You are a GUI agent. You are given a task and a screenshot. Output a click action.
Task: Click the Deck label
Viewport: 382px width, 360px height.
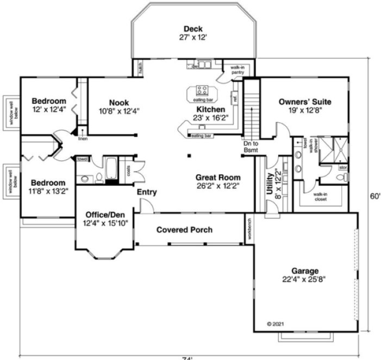[193, 29]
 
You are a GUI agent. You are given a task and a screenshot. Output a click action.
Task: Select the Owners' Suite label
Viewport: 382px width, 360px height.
[304, 102]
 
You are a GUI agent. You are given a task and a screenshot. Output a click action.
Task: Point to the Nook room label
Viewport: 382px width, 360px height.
[118, 102]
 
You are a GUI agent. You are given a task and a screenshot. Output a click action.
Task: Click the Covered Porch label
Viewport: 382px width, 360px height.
[184, 230]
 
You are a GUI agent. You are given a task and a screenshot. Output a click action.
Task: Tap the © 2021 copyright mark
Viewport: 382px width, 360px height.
[276, 324]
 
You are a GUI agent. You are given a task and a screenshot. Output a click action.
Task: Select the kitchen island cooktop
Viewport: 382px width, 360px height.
[202, 90]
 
